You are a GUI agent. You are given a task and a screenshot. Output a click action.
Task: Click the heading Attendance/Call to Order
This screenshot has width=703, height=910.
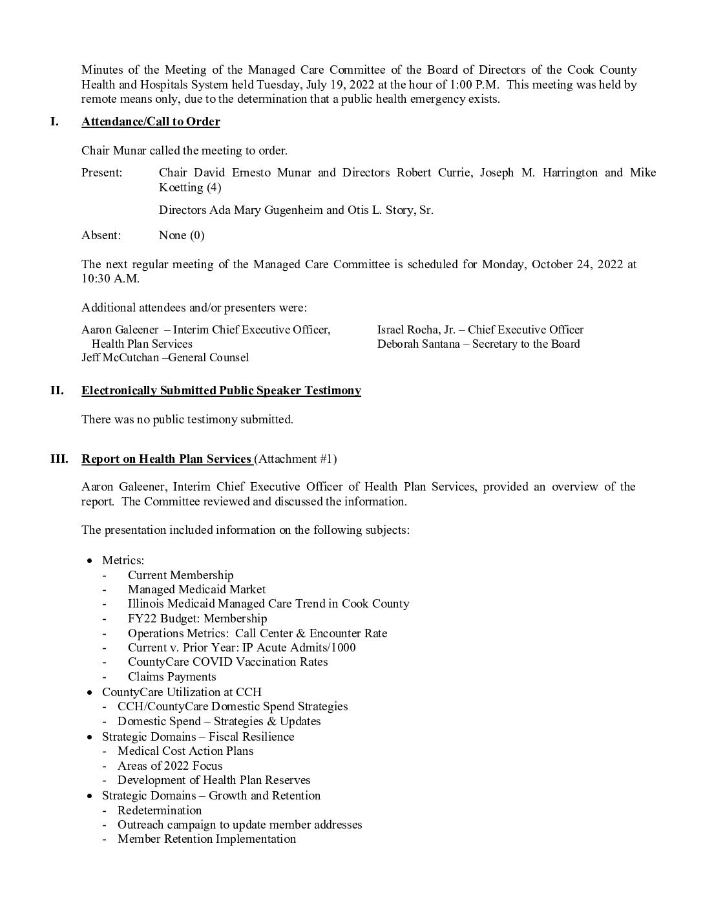151,122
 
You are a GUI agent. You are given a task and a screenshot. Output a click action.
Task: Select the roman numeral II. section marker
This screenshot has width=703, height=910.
57,390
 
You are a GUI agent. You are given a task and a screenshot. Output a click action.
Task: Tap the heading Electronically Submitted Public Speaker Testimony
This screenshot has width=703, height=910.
221,390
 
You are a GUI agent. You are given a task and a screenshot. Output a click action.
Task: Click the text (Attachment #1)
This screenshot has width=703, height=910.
296,459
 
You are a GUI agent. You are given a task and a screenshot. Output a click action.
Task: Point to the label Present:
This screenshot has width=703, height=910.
101,173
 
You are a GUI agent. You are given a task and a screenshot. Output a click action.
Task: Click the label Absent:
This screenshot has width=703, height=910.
101,235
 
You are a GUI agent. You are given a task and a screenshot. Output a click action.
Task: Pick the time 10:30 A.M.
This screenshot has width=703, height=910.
110,279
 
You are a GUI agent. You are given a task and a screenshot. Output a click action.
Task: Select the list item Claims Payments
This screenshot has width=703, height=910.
172,677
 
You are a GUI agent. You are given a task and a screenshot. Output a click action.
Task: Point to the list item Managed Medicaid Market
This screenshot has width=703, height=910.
196,589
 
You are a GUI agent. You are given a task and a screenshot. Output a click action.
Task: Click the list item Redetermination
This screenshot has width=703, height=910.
160,810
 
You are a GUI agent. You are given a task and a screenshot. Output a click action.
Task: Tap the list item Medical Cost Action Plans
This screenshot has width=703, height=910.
185,751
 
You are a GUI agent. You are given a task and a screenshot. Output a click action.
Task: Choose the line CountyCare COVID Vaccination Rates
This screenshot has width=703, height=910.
227,662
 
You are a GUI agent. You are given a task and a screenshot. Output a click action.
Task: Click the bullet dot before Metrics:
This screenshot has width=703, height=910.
91,560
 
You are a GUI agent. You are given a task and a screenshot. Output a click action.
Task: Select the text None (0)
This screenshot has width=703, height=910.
182,235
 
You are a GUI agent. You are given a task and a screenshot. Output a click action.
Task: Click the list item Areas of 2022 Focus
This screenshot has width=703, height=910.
170,766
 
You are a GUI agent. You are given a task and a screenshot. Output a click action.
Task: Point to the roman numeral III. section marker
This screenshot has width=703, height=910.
59,459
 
